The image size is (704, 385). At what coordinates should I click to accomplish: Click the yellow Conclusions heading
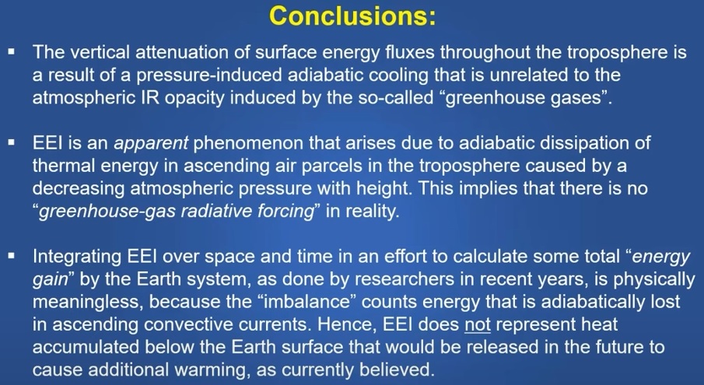pyautogui.click(x=352, y=16)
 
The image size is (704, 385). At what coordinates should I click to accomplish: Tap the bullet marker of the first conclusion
pyautogui.click(x=12, y=52)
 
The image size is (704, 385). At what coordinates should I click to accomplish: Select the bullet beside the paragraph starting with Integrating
pyautogui.click(x=12, y=256)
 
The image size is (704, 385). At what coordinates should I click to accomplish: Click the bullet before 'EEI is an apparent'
pyautogui.click(x=12, y=142)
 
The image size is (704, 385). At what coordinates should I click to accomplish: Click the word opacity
pyautogui.click(x=194, y=98)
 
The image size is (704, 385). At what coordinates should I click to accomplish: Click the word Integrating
pyautogui.click(x=77, y=257)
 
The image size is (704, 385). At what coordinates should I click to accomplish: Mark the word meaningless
pyautogui.click(x=88, y=302)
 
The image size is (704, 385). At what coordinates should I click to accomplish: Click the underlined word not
pyautogui.click(x=478, y=324)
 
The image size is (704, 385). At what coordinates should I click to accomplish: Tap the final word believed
pyautogui.click(x=398, y=369)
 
